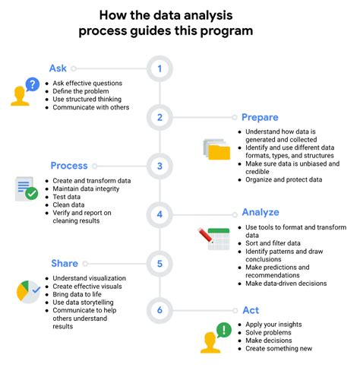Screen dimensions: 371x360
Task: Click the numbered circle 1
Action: [x=159, y=69]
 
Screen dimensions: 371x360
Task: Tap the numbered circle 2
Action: [x=159, y=118]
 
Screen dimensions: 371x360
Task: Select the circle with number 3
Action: [x=159, y=166]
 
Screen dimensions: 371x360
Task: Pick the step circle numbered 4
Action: [x=159, y=214]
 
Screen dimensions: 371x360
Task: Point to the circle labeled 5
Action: [x=159, y=263]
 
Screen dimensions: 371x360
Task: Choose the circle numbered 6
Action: [x=159, y=311]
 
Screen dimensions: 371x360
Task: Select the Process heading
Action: [x=69, y=166]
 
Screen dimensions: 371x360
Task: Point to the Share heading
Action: [x=65, y=262]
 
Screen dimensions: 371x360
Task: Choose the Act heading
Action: [x=251, y=310]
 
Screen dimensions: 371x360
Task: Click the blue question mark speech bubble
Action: [x=31, y=84]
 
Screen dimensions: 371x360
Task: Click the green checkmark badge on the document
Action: [x=32, y=193]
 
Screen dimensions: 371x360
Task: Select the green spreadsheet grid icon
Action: [x=219, y=239]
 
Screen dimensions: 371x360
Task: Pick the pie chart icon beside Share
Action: [x=27, y=291]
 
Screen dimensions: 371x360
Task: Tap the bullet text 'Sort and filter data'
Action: [x=273, y=243]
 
